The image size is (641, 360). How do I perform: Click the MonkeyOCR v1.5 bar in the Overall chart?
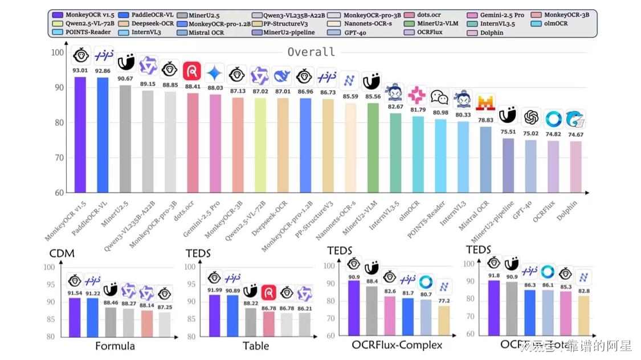pos(80,134)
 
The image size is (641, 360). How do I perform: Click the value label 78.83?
pos(485,120)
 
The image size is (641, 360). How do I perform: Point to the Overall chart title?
pos(311,52)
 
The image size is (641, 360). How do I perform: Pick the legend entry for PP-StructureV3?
pos(286,23)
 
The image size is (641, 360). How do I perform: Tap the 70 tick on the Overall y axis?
pos(59,158)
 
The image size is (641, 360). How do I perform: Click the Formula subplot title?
pos(115,345)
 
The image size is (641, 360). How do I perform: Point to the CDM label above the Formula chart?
pos(62,253)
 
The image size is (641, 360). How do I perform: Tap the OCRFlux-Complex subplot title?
pos(397,345)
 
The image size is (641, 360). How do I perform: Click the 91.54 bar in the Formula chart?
pos(75,317)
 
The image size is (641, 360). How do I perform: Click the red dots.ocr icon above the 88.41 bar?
pos(191,72)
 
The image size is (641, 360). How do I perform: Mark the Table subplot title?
pos(255,345)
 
